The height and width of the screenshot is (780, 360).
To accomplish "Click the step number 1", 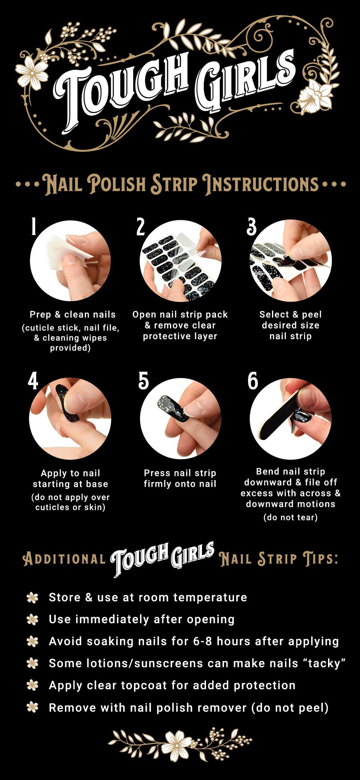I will tap(34, 227).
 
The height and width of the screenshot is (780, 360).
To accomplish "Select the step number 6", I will tap(253, 381).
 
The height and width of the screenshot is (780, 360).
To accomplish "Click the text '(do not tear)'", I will tap(290, 517).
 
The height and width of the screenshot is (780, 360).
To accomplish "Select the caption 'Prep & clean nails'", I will tap(72, 314).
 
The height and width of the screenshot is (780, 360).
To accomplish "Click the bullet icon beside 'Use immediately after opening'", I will tap(32, 620).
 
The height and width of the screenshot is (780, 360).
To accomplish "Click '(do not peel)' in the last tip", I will tap(290, 708).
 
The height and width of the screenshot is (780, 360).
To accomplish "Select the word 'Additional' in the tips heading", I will tap(64, 559).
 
